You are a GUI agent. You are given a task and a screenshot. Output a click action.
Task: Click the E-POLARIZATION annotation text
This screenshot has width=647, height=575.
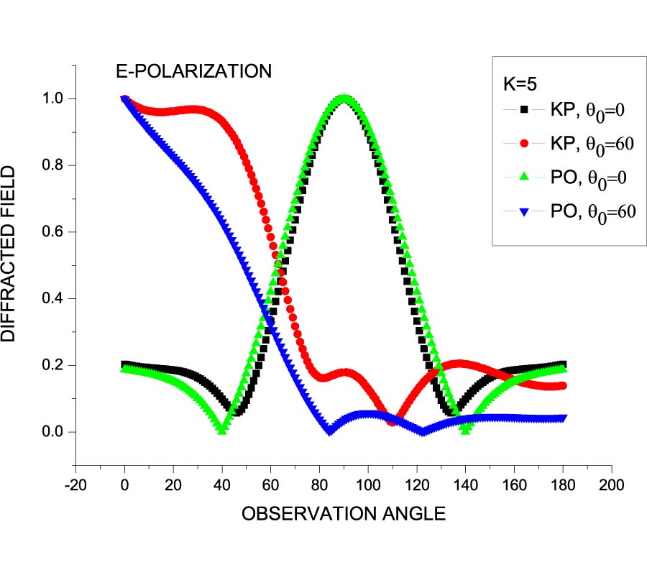(194, 71)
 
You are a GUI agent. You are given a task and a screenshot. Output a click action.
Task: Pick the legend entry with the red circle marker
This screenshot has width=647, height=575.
(568, 144)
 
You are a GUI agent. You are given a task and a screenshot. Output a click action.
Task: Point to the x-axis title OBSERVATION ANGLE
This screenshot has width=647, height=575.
(344, 514)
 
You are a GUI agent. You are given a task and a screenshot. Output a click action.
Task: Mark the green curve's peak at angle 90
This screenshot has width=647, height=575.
(344, 98)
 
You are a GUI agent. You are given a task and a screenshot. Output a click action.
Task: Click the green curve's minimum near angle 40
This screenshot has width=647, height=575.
(222, 429)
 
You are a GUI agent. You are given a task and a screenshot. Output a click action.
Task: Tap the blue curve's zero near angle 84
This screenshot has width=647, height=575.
(329, 431)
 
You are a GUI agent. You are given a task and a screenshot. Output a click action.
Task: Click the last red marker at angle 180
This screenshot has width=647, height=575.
(563, 386)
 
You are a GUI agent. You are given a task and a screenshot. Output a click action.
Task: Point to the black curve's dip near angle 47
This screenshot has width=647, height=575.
(238, 410)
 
